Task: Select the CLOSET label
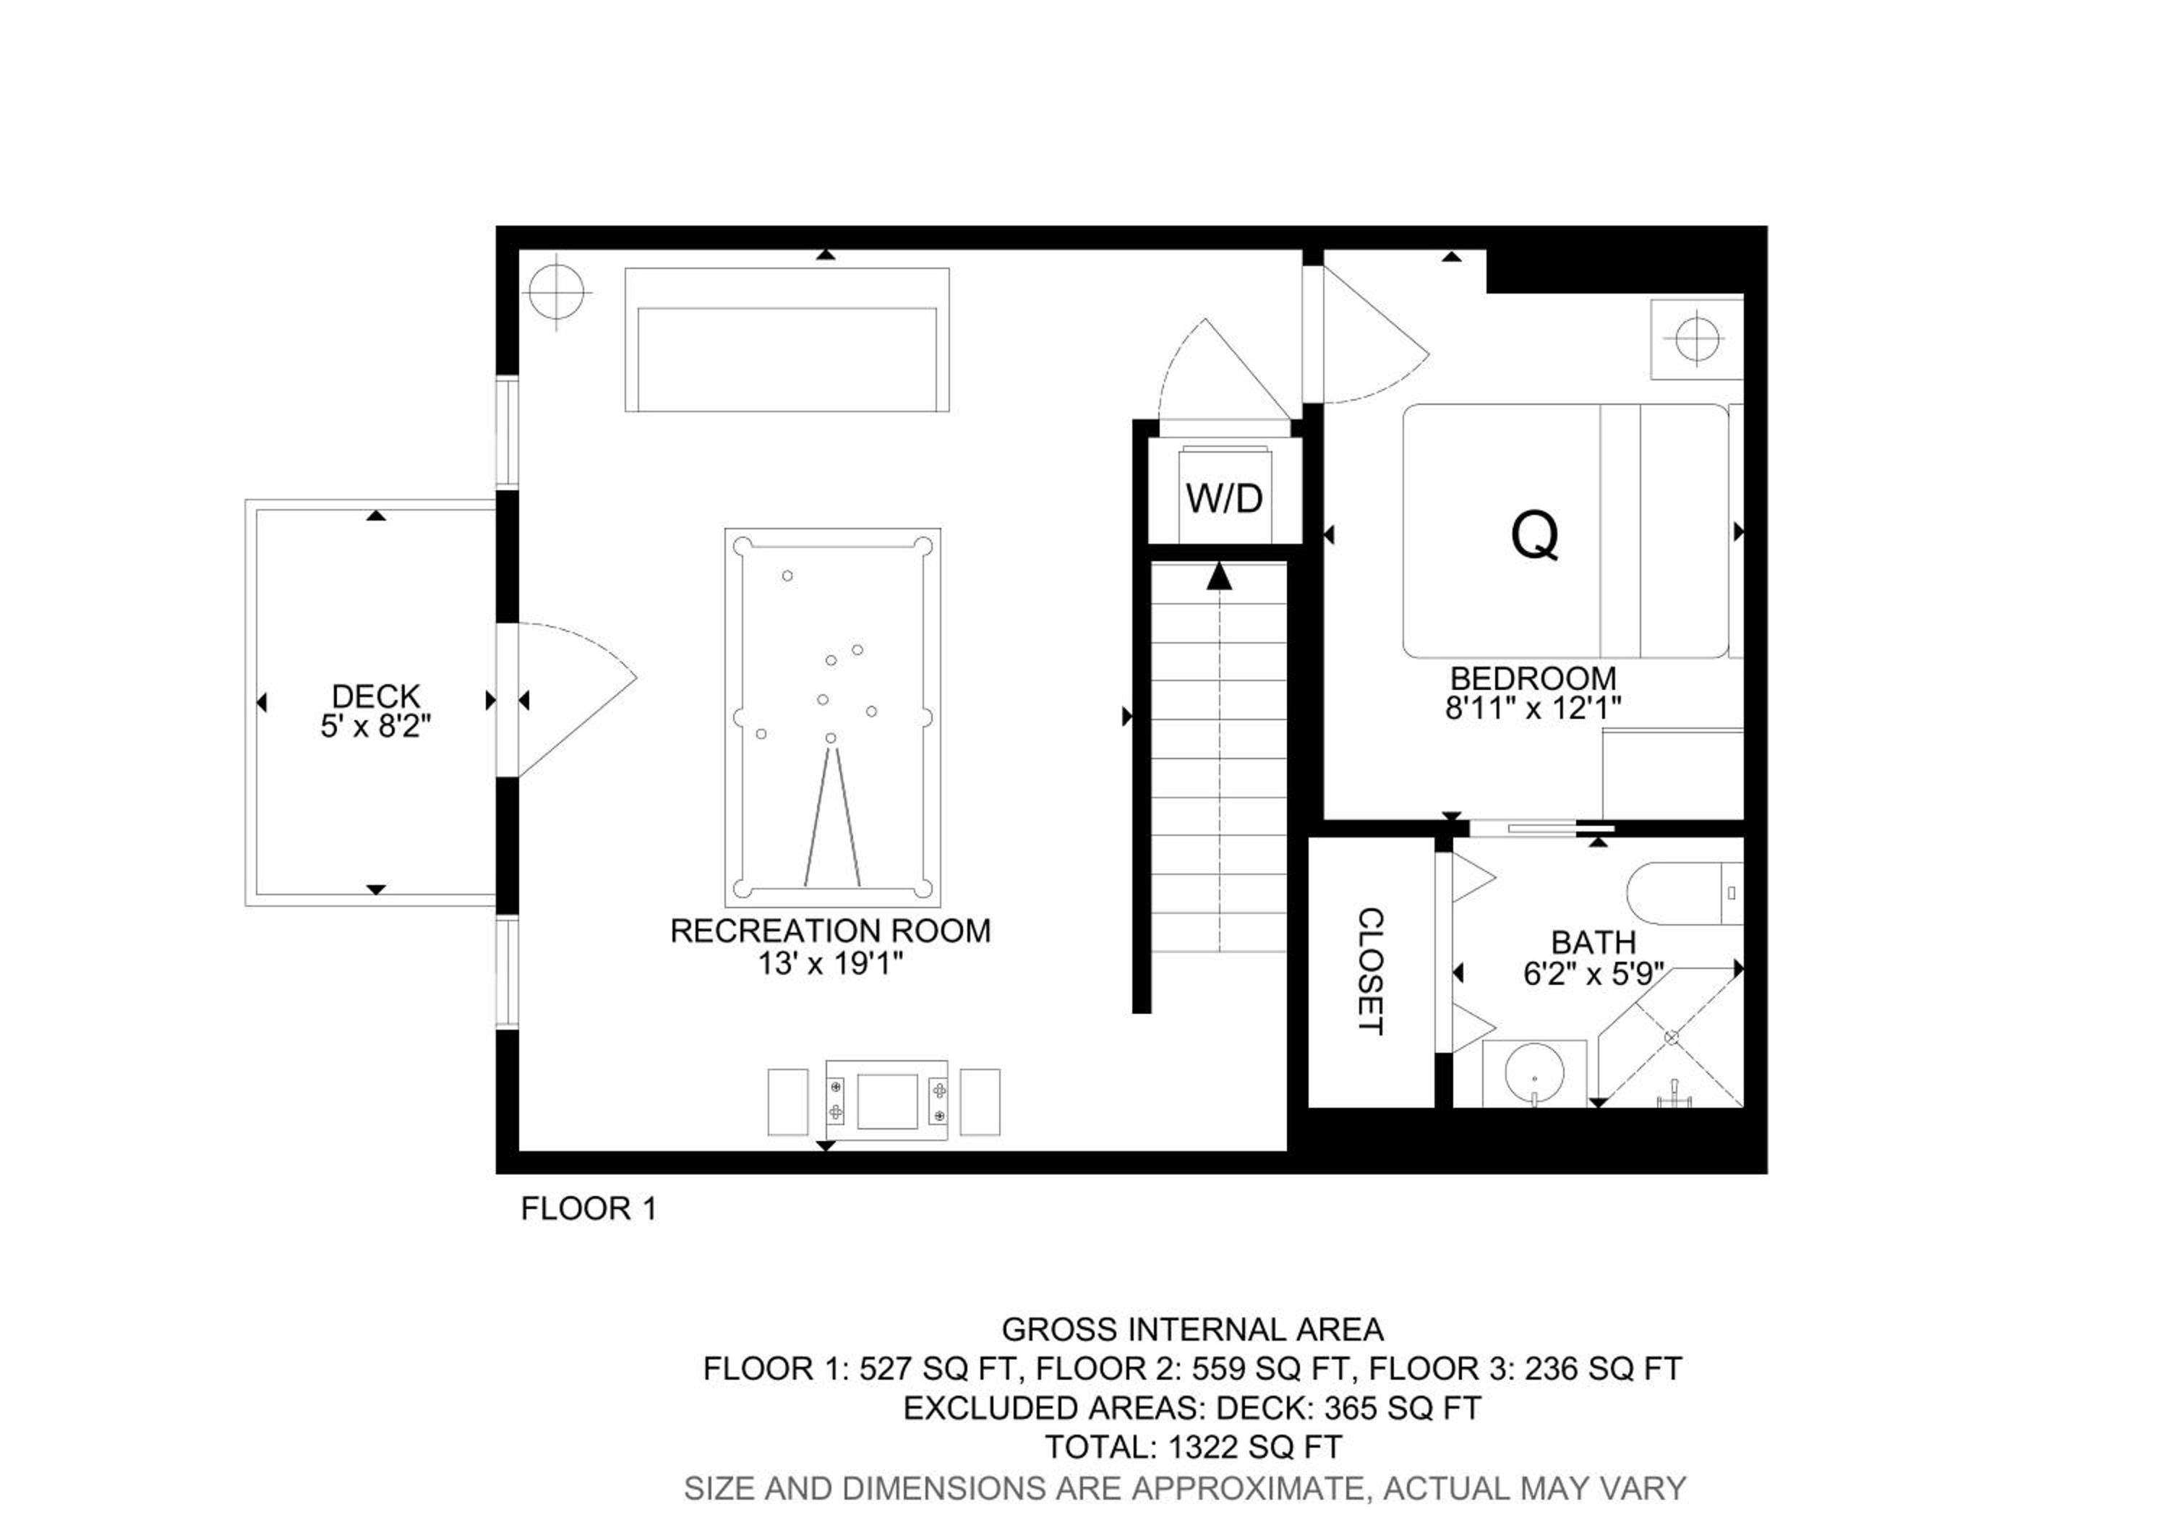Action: click(1370, 971)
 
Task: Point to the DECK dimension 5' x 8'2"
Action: click(376, 726)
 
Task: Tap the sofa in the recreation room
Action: click(787, 340)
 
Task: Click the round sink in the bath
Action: click(1534, 1074)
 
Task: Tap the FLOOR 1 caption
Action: click(589, 1208)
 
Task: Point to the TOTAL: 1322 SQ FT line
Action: click(1193, 1446)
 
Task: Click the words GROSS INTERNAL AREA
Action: click(1193, 1329)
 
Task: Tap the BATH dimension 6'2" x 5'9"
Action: click(1593, 974)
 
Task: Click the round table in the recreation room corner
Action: click(557, 292)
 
